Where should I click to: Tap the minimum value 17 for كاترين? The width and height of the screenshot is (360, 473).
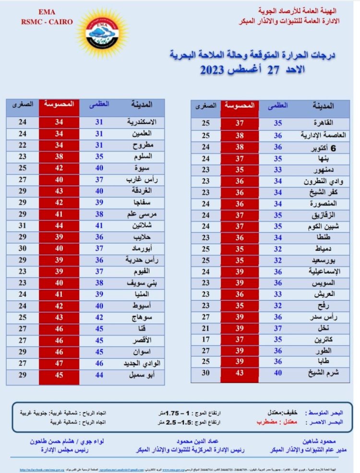(206, 339)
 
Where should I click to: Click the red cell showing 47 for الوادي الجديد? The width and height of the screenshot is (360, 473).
(59, 364)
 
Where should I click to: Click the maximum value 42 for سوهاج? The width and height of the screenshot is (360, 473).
(99, 318)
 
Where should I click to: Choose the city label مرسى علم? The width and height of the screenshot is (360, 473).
(143, 213)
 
